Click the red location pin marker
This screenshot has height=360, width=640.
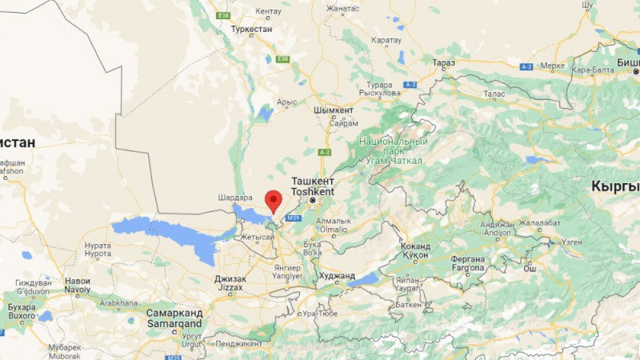point(274,200)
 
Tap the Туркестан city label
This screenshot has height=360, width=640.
point(251,29)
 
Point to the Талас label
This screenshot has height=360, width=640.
point(494,94)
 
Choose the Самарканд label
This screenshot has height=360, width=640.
point(174,313)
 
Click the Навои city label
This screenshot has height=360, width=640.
point(77,281)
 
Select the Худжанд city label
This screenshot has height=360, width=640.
point(336,275)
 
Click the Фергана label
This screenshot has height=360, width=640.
point(467,258)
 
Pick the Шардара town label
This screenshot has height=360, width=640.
point(234,198)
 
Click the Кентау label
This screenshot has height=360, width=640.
point(269,10)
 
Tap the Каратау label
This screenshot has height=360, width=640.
point(386,40)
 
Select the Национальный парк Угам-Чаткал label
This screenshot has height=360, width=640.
point(393,150)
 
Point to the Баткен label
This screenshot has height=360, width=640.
point(407,304)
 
